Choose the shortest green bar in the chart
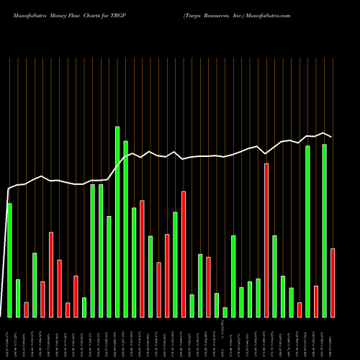click(225, 312)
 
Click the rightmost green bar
click(325, 230)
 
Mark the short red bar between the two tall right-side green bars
click(316, 302)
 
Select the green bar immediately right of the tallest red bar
click(275, 276)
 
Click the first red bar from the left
click(26, 310)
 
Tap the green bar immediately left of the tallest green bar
click(109, 266)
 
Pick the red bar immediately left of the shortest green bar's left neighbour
click(209, 287)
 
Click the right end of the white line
click(331, 137)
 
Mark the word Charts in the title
click(90, 14)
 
